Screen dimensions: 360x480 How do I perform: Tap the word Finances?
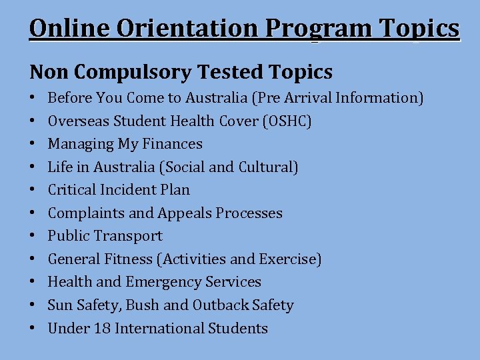pyautogui.click(x=171, y=144)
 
